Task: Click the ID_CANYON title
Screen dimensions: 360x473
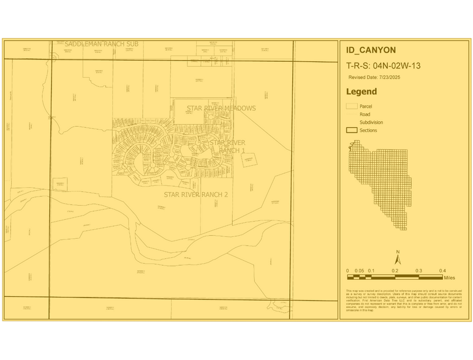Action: [371, 51]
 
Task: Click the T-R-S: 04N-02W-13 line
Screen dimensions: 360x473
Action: [383, 66]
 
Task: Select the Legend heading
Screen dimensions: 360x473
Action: [361, 92]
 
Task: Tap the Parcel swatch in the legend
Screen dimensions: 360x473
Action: [352, 107]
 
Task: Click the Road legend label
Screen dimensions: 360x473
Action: [365, 114]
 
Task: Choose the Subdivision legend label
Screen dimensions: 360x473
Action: [371, 122]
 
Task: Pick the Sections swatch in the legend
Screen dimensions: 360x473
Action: [352, 130]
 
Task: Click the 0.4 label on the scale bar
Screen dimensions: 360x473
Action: [442, 271]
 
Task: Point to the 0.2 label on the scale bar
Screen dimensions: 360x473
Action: [395, 271]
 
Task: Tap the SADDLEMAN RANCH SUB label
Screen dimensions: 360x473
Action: [102, 44]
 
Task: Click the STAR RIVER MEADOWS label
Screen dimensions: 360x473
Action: [221, 108]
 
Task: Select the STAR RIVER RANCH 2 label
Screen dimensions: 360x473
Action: [195, 194]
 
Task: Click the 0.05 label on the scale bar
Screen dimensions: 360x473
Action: [360, 271]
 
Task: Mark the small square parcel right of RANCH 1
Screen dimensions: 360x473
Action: [249, 160]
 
